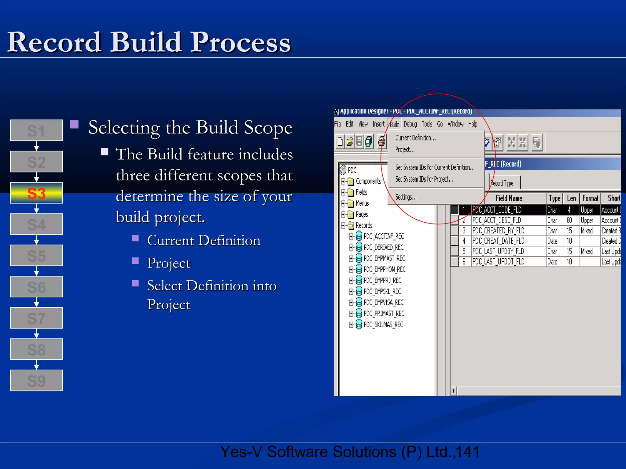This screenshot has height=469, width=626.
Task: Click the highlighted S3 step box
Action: click(36, 193)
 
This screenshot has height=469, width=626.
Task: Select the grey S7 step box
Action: click(36, 318)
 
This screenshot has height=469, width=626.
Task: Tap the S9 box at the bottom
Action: click(36, 380)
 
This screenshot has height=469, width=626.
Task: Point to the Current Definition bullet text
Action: click(204, 241)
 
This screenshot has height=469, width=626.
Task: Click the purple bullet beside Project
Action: click(135, 261)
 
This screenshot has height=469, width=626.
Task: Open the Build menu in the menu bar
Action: click(394, 124)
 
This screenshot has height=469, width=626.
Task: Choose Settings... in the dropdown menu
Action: click(406, 197)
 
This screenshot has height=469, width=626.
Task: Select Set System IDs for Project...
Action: click(424, 179)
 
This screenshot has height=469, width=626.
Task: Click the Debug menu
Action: click(410, 124)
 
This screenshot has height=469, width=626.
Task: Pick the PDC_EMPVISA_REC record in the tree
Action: click(383, 303)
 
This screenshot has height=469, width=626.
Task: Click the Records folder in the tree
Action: click(363, 225)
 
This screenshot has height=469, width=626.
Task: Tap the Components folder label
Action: click(368, 181)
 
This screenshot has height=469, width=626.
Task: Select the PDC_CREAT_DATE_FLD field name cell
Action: click(498, 241)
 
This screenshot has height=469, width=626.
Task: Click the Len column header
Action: click(571, 198)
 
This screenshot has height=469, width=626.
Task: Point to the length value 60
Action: click(569, 220)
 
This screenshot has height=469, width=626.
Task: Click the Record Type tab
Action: click(502, 183)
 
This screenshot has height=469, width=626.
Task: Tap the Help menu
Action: click(473, 124)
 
